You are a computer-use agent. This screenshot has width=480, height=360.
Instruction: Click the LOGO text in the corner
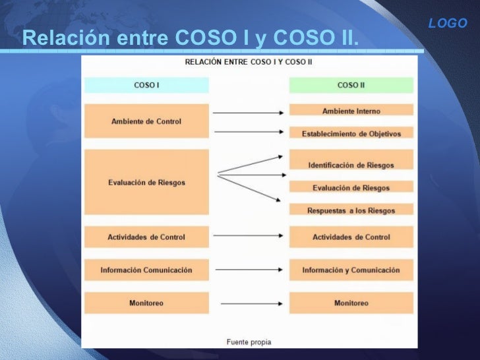(447, 24)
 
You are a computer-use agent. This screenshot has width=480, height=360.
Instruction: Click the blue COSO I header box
(146, 85)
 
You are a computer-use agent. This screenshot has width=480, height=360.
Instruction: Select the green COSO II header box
(351, 85)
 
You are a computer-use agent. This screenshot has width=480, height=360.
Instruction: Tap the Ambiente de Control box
(146, 121)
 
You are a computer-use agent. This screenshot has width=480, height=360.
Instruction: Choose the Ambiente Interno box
(351, 111)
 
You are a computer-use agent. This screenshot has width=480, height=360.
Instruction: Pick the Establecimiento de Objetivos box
(351, 133)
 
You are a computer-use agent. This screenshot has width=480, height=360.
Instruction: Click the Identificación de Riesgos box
(351, 164)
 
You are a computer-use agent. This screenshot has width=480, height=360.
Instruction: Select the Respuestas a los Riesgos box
(351, 210)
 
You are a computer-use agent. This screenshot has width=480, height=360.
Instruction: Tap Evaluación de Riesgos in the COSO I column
(146, 182)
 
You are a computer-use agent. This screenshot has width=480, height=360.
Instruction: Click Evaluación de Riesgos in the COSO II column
(351, 187)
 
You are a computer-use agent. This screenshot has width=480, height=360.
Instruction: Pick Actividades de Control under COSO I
(146, 237)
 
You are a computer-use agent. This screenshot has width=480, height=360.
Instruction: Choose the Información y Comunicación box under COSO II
(351, 270)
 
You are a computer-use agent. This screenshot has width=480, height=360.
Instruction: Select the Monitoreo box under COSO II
(351, 303)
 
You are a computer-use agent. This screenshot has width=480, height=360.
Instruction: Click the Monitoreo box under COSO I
(146, 303)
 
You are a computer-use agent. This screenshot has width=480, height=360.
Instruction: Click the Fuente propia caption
(249, 342)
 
